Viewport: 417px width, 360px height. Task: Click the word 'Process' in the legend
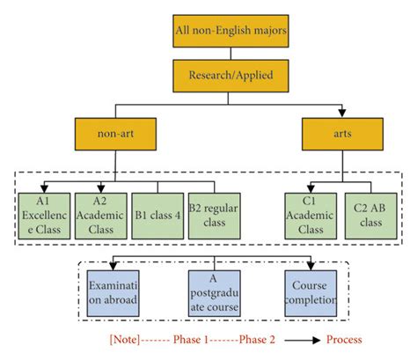pos(343,339)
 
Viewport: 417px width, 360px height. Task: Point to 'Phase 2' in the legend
pos(244,339)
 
